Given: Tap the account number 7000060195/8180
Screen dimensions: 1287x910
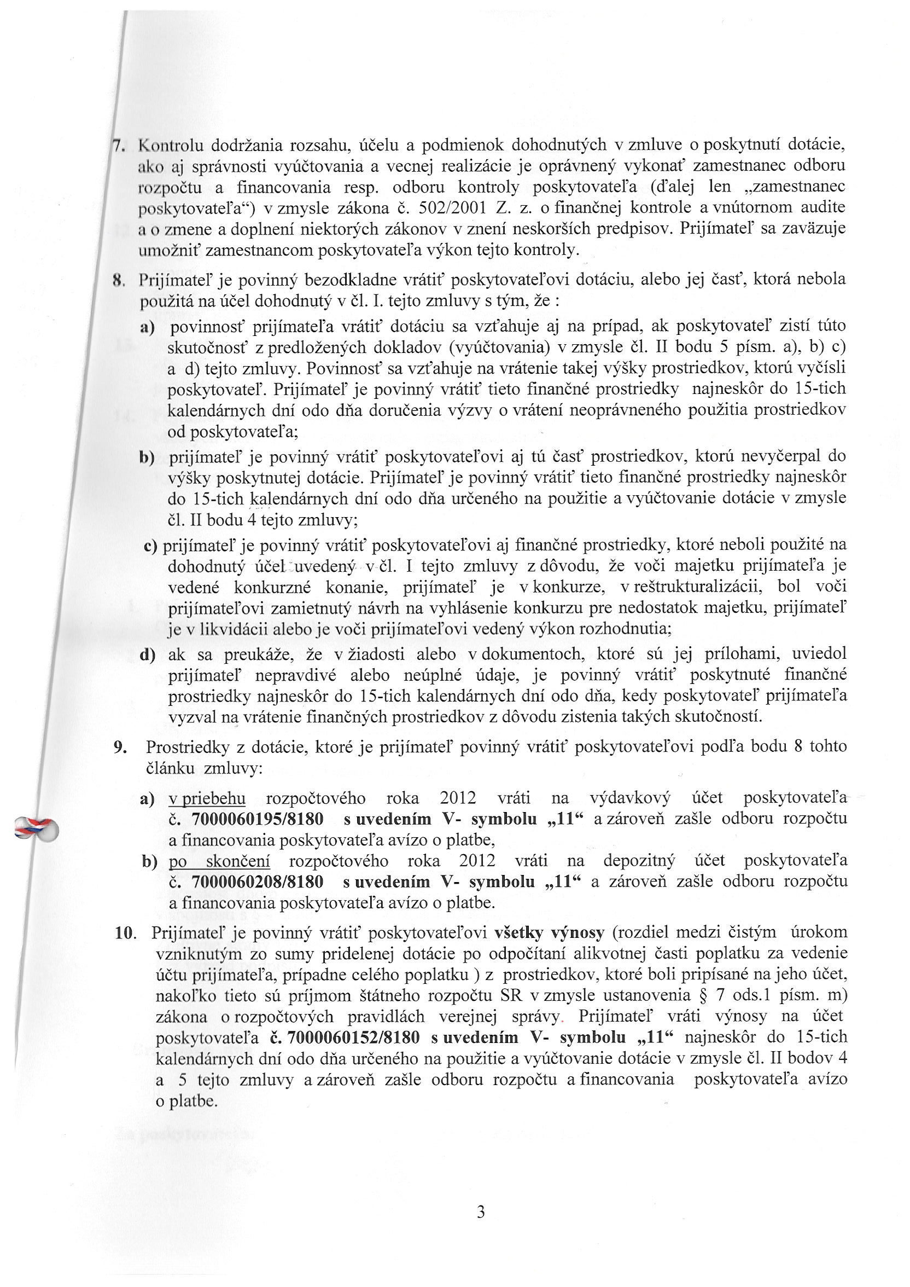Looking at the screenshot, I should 257,820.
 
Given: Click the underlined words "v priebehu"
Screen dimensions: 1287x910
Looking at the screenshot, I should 207,798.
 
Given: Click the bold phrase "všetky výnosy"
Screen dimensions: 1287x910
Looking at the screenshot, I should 549,933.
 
